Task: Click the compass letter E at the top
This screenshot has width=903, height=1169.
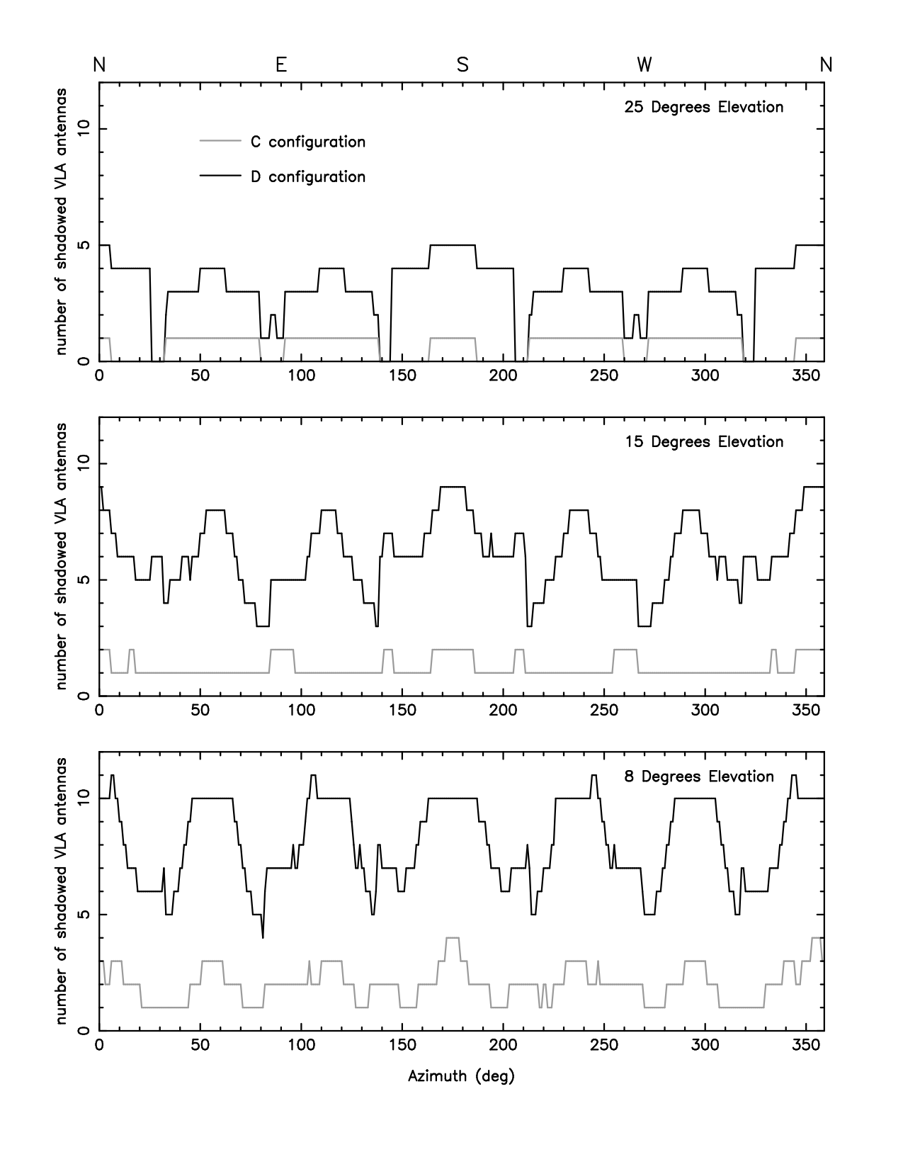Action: pos(281,64)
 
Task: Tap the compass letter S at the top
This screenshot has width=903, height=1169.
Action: pos(462,64)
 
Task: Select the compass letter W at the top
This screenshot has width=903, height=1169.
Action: pos(644,64)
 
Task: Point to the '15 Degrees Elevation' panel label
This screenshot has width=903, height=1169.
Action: pos(703,442)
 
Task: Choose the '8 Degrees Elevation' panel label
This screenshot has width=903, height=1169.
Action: pos(698,776)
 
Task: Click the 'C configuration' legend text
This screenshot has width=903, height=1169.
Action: pos(308,142)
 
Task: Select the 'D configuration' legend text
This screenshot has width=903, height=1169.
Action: pos(308,176)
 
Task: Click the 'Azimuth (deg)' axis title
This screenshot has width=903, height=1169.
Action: pos(461,1077)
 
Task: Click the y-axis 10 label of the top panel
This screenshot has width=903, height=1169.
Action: pos(84,129)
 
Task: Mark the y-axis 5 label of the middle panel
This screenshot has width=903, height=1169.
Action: pos(84,580)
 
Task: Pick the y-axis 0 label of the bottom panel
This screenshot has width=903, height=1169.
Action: pos(84,1030)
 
